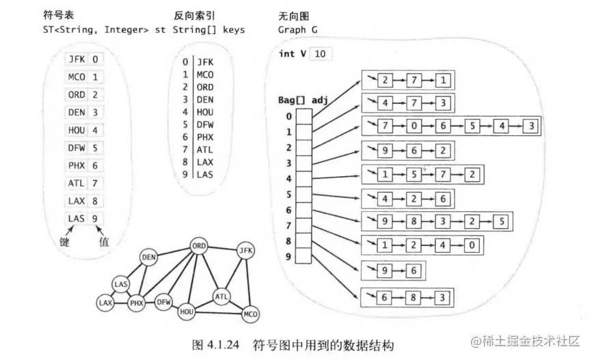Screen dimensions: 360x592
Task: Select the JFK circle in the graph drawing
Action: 245,251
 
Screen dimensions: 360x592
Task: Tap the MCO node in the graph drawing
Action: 250,314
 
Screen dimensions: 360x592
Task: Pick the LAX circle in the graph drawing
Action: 105,301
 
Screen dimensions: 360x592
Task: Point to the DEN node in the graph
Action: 148,257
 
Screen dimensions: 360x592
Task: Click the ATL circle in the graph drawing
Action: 221,296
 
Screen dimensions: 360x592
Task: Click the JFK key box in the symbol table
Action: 76,59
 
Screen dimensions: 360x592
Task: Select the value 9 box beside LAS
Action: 96,219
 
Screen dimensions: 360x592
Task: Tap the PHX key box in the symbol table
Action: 76,165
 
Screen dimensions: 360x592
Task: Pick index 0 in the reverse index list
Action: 185,62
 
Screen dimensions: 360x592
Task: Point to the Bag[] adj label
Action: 299,100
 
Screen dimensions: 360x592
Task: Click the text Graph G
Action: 297,30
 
